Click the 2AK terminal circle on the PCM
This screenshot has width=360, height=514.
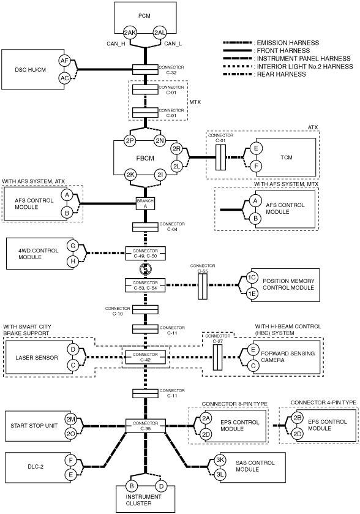(x=130, y=32)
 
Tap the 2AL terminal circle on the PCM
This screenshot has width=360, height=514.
(x=160, y=32)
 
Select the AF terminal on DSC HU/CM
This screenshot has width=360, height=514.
(x=64, y=61)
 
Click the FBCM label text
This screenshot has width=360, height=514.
(x=145, y=158)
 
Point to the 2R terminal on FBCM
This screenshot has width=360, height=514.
(x=176, y=149)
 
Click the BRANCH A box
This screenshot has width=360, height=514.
(x=145, y=203)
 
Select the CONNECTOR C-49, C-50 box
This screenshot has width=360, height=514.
(x=145, y=254)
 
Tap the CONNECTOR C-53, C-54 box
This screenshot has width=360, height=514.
(x=145, y=285)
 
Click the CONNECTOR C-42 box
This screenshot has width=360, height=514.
(x=145, y=357)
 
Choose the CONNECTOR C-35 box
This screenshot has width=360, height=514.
(x=146, y=426)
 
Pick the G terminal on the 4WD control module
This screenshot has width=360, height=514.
(x=73, y=246)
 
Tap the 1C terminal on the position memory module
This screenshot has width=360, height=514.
(x=252, y=278)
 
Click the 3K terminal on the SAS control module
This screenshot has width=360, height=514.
(x=220, y=459)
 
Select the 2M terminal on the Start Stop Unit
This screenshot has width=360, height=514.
(x=70, y=419)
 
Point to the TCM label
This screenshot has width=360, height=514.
(x=287, y=157)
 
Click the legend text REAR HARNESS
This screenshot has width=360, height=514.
(x=282, y=74)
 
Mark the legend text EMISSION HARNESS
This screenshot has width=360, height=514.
(x=288, y=43)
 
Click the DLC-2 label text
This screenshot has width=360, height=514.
(x=36, y=466)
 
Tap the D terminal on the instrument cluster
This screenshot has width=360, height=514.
(x=161, y=486)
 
